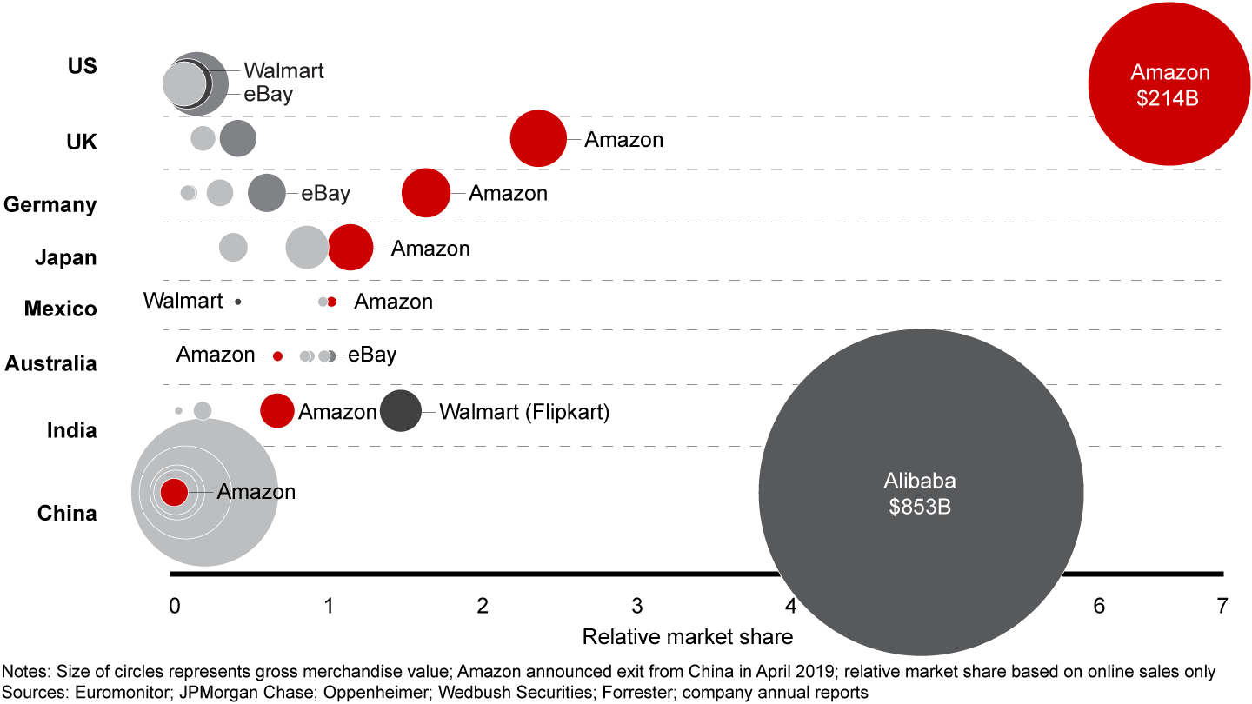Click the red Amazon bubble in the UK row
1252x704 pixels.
538,138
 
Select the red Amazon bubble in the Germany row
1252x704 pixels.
426,193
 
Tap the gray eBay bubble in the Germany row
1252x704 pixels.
266,193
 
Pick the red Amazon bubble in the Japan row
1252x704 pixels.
350,248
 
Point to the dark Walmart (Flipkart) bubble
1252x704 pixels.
401,411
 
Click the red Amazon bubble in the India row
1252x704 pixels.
277,411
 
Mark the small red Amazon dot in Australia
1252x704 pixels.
277,355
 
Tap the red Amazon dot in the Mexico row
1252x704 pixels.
331,302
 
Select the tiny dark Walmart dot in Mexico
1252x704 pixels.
237,302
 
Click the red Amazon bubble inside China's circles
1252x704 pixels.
174,492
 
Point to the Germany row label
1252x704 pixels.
50,205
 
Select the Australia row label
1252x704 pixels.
50,363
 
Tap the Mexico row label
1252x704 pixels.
60,309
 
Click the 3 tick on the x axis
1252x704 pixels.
637,606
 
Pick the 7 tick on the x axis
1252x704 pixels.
1222,606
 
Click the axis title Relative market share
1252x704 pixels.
687,637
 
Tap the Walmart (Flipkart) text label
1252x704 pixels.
524,412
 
